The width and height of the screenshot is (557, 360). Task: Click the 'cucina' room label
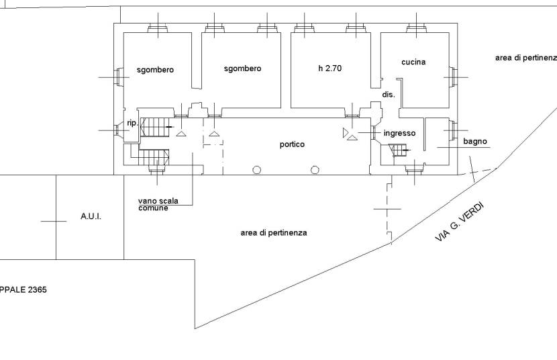pos(413,62)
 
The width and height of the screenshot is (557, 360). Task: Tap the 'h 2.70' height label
pos(330,69)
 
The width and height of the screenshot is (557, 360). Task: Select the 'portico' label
pos(293,144)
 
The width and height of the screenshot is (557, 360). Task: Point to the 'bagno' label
pos(474,142)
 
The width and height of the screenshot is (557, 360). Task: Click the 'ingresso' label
pos(400,133)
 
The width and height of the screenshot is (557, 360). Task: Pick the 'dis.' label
pos(389,95)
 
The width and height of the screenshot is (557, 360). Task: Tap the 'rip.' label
pos(132,123)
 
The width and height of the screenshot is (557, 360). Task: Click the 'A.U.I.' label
pos(91,217)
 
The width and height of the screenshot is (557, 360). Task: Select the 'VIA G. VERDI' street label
pos(459,221)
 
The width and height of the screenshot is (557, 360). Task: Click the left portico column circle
pos(256,170)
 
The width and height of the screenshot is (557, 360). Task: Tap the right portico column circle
pos(315,170)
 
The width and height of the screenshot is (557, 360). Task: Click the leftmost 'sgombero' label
pos(155,70)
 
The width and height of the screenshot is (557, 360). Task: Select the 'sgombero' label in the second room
pos(242,69)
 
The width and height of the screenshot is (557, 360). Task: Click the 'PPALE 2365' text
pos(23,290)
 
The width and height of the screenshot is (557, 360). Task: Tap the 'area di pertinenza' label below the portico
pos(274,233)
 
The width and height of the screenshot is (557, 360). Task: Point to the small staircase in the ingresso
pos(397,150)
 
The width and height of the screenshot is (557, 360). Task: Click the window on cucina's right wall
pos(454,75)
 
